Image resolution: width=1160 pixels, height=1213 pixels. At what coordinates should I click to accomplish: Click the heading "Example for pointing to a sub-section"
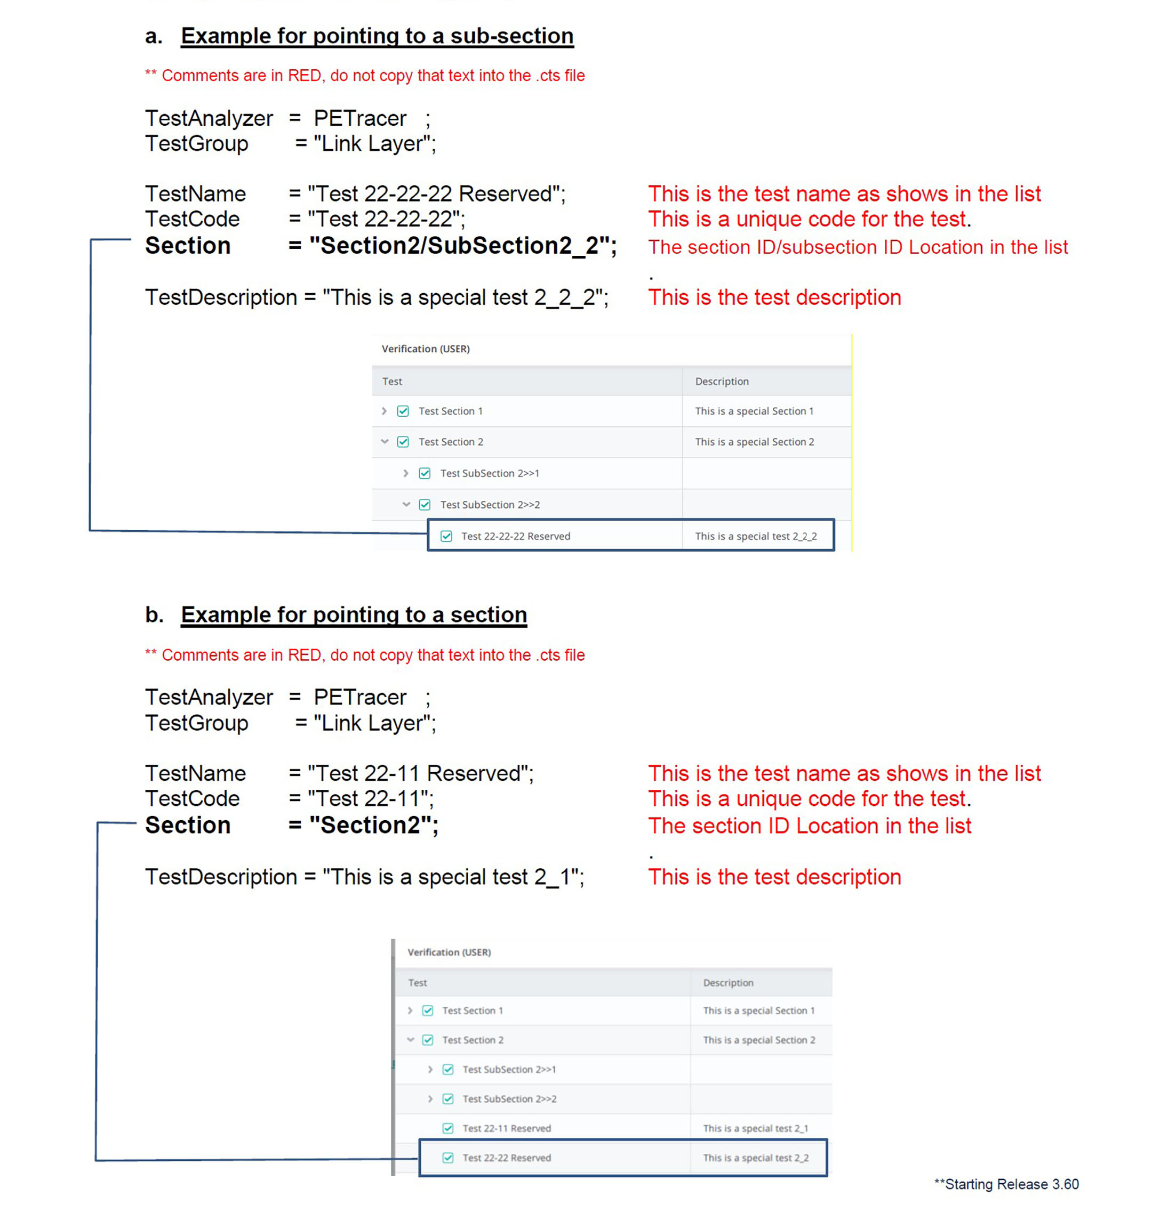pos(377,36)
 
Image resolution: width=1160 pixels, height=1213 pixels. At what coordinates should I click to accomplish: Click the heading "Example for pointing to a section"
pos(354,615)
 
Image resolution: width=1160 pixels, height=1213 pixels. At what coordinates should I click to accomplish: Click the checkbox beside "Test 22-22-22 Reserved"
pos(446,536)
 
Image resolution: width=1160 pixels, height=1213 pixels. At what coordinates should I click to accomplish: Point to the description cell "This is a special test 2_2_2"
pos(756,536)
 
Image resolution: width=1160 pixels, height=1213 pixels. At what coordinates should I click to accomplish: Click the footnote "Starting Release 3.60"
pos(1012,1184)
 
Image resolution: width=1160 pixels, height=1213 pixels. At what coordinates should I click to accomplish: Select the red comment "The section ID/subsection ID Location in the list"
pos(858,247)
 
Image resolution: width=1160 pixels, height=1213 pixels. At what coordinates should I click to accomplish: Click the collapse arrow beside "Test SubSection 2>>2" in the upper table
pos(406,505)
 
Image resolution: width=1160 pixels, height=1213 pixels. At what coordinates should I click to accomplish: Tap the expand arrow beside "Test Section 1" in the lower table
pos(410,1010)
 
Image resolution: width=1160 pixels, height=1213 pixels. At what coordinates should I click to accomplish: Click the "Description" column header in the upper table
pos(722,381)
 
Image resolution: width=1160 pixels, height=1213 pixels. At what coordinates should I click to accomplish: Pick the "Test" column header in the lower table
pos(418,983)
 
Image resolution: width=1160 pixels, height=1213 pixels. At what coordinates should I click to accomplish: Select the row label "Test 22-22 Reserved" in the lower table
pos(507,1158)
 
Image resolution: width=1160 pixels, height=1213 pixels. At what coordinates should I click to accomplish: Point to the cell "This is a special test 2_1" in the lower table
pos(755,1128)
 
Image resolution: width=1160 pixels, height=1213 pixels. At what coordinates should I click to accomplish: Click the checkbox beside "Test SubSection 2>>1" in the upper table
pos(425,473)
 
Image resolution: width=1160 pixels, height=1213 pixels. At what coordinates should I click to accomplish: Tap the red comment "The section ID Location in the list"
pos(810,826)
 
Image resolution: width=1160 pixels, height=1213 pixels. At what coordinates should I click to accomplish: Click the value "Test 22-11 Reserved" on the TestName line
pos(420,774)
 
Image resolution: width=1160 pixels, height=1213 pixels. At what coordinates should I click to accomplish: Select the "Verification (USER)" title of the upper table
pos(426,349)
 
